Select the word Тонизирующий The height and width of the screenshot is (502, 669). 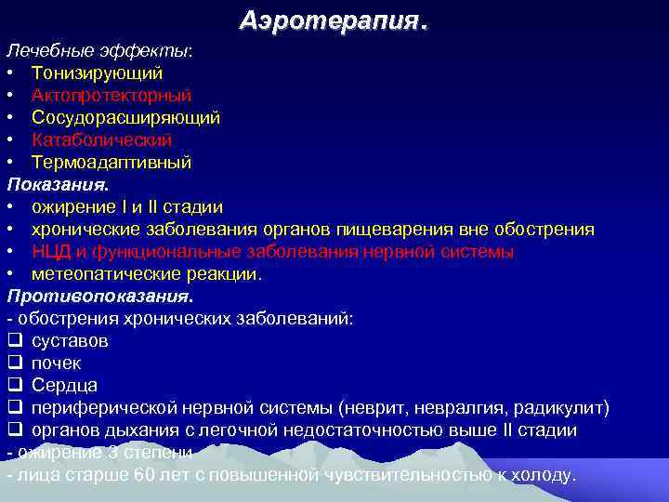click(x=98, y=73)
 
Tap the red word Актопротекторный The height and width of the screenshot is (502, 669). click(x=111, y=95)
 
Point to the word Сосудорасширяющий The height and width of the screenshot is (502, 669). click(x=125, y=117)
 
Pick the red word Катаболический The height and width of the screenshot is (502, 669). click(x=101, y=139)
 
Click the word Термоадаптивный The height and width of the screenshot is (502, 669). click(x=111, y=162)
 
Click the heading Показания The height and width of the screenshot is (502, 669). click(x=63, y=184)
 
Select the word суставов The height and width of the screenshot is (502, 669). click(x=69, y=341)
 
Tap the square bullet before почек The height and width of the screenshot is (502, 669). click(x=14, y=363)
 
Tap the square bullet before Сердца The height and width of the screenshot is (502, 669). click(x=14, y=386)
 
